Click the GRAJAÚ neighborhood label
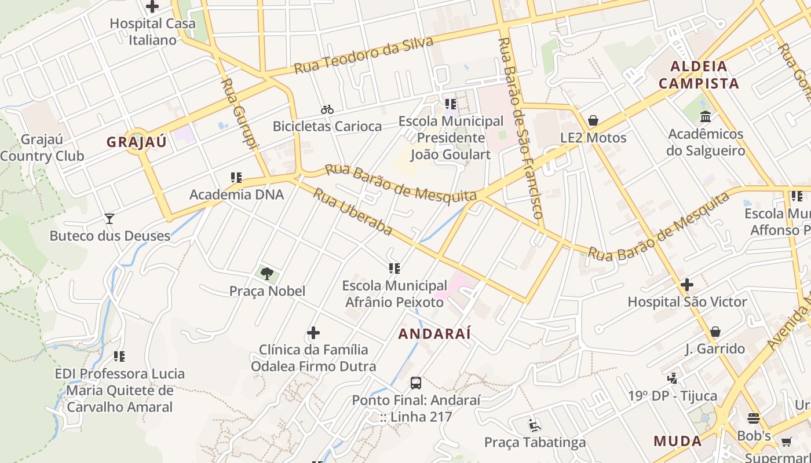(x=136, y=142)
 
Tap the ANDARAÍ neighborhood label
(x=434, y=334)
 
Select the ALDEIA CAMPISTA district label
(x=699, y=75)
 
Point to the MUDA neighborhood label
(x=678, y=441)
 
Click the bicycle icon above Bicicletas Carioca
(x=327, y=109)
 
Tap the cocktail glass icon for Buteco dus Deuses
(x=109, y=219)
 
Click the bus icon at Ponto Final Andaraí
(x=416, y=383)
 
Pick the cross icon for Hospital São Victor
(x=687, y=285)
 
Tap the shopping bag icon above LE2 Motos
(x=593, y=121)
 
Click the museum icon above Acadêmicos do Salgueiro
(x=706, y=117)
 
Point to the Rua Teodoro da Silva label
(x=363, y=56)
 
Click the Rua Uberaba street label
(x=353, y=211)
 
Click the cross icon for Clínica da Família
(x=313, y=333)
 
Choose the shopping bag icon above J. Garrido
(x=715, y=332)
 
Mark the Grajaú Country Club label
(x=42, y=148)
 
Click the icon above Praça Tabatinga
(x=535, y=425)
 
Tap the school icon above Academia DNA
(x=236, y=178)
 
